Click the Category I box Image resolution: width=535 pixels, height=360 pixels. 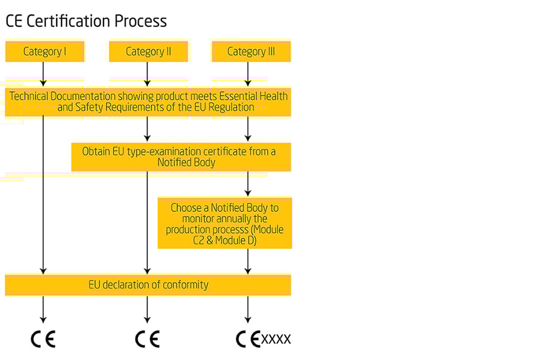pos(44,51)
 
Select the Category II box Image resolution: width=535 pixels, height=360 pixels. pos(148,51)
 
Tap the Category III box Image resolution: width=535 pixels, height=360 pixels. pos(251,51)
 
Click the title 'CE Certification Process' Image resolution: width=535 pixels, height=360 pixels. pos(86,22)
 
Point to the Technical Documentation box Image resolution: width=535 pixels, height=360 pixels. pos(148,102)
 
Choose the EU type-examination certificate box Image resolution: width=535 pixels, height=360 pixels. pos(181,157)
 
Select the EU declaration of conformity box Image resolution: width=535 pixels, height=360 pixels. pos(148,285)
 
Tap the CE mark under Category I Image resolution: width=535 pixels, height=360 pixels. pos(43,340)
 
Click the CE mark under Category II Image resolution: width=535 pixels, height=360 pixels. pos(147,340)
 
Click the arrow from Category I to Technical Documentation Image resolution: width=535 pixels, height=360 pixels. pos(43,74)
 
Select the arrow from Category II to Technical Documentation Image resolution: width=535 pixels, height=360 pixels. pos(147,74)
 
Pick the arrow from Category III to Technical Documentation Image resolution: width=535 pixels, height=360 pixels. pos(248,74)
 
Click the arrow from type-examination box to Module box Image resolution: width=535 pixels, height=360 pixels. pos(248,184)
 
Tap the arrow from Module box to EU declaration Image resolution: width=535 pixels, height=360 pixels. pos(248,261)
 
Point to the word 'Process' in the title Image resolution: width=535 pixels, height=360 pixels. pos(146,22)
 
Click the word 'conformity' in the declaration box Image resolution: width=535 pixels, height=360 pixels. pos(185,285)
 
